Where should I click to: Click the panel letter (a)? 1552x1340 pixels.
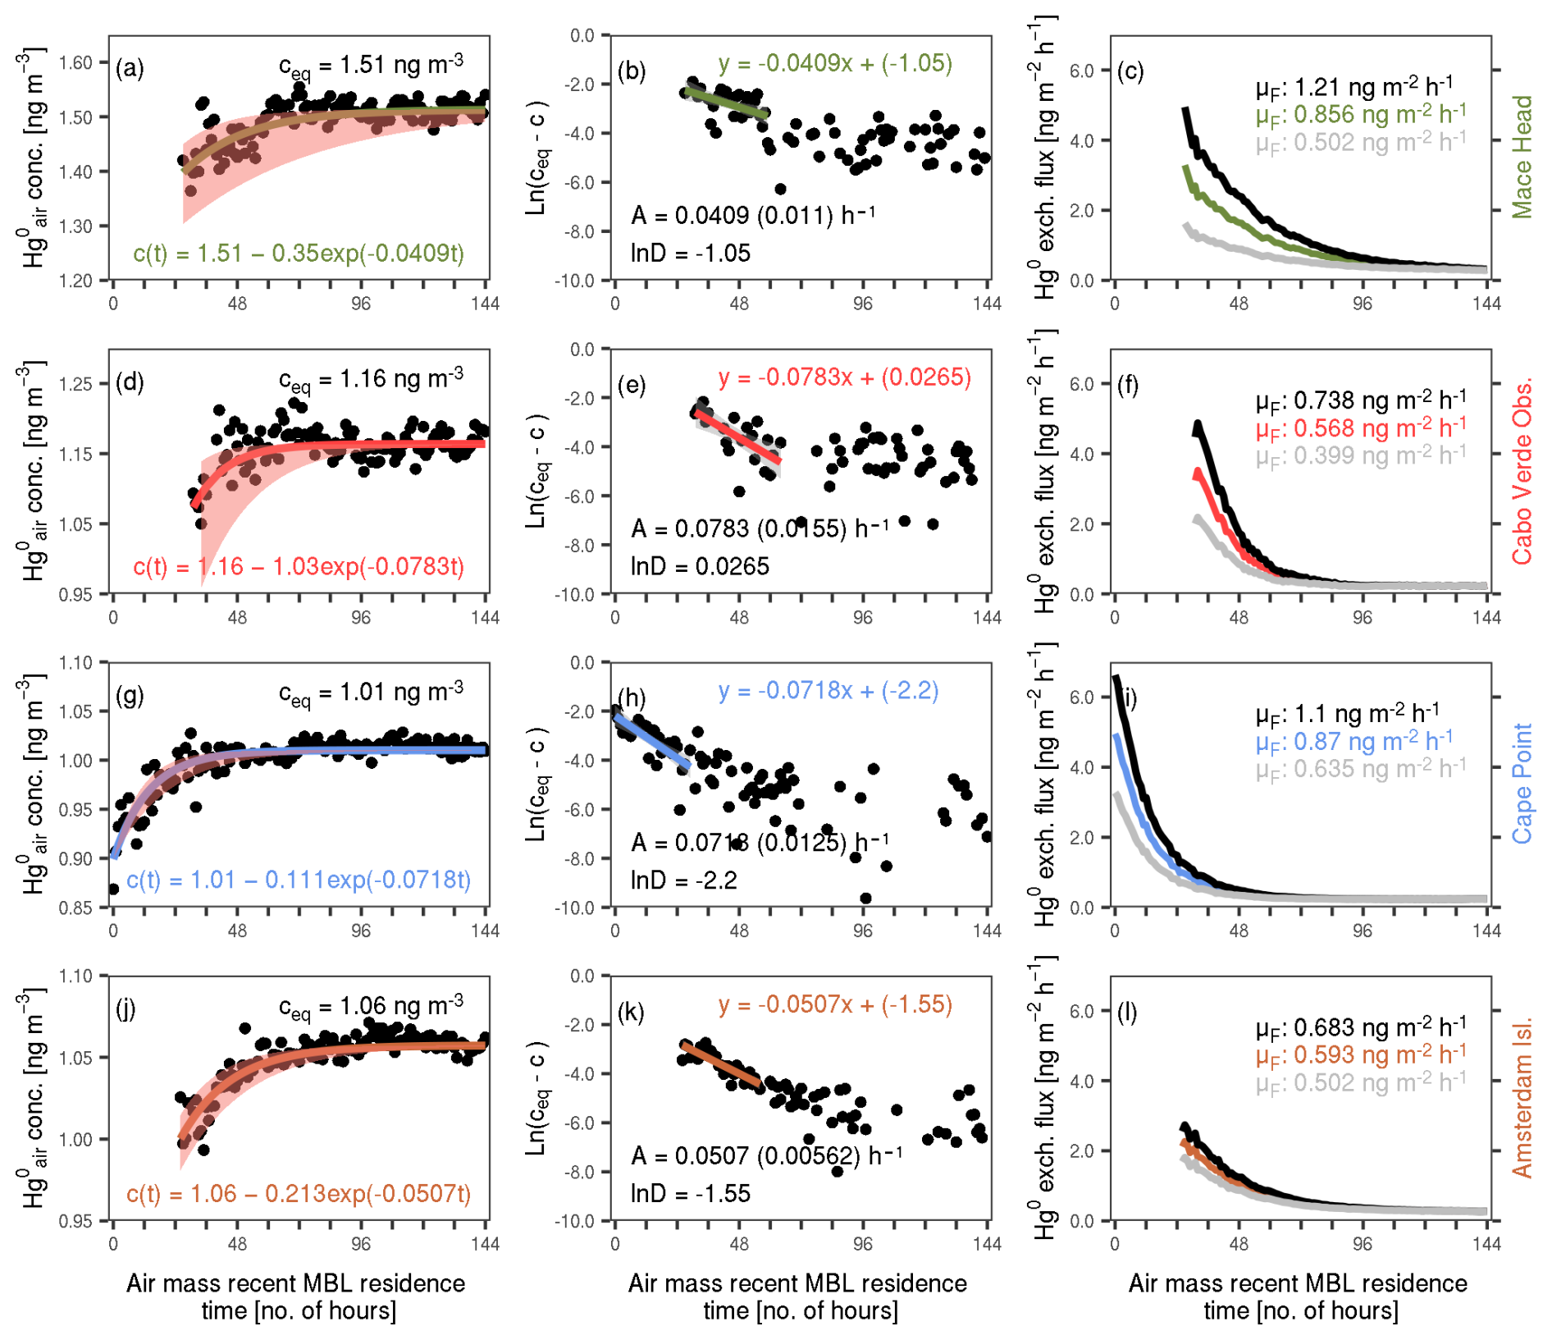point(130,68)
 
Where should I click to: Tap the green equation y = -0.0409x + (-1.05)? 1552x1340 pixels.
point(834,63)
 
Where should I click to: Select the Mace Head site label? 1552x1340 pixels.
point(1522,157)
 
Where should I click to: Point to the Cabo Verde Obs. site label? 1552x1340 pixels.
point(1522,472)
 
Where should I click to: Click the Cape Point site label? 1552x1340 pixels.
point(1522,783)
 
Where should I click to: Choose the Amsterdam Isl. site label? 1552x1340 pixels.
point(1522,1098)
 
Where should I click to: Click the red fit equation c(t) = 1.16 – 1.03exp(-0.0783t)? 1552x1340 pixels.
point(299,567)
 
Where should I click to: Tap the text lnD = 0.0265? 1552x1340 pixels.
point(700,567)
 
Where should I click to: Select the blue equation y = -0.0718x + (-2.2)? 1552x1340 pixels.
point(828,691)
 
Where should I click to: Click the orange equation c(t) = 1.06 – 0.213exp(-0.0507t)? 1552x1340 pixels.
point(299,1194)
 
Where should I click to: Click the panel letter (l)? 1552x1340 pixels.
point(1128,1012)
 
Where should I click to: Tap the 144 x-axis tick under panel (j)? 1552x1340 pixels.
point(485,1244)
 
